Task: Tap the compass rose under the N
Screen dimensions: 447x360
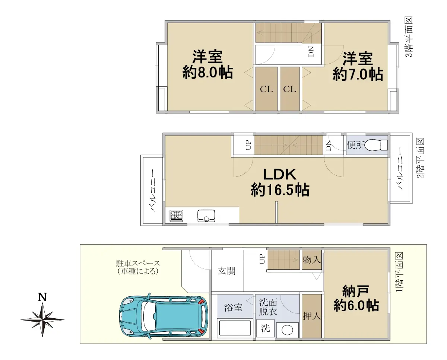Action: (42, 320)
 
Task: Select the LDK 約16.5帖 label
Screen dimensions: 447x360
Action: (280, 182)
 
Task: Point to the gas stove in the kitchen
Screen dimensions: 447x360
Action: (176, 216)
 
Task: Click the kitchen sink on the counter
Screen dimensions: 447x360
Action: (206, 216)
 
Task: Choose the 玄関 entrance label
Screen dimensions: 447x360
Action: (226, 271)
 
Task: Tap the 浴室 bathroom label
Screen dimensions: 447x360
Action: (233, 308)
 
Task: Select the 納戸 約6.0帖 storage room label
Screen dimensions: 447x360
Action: (356, 298)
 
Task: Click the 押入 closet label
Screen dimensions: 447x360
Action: (311, 316)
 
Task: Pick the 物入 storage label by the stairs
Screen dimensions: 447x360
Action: (311, 260)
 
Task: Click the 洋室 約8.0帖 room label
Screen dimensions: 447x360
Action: (207, 64)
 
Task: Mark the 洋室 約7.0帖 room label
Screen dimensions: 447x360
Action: (358, 66)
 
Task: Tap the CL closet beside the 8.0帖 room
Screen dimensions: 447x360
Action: (266, 89)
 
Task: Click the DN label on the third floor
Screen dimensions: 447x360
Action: (311, 51)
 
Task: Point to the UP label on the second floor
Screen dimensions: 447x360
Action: (248, 145)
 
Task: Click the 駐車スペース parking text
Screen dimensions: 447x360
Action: (138, 264)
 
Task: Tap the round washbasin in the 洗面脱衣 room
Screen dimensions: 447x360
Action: (287, 330)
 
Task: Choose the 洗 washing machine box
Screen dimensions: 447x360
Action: (266, 328)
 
